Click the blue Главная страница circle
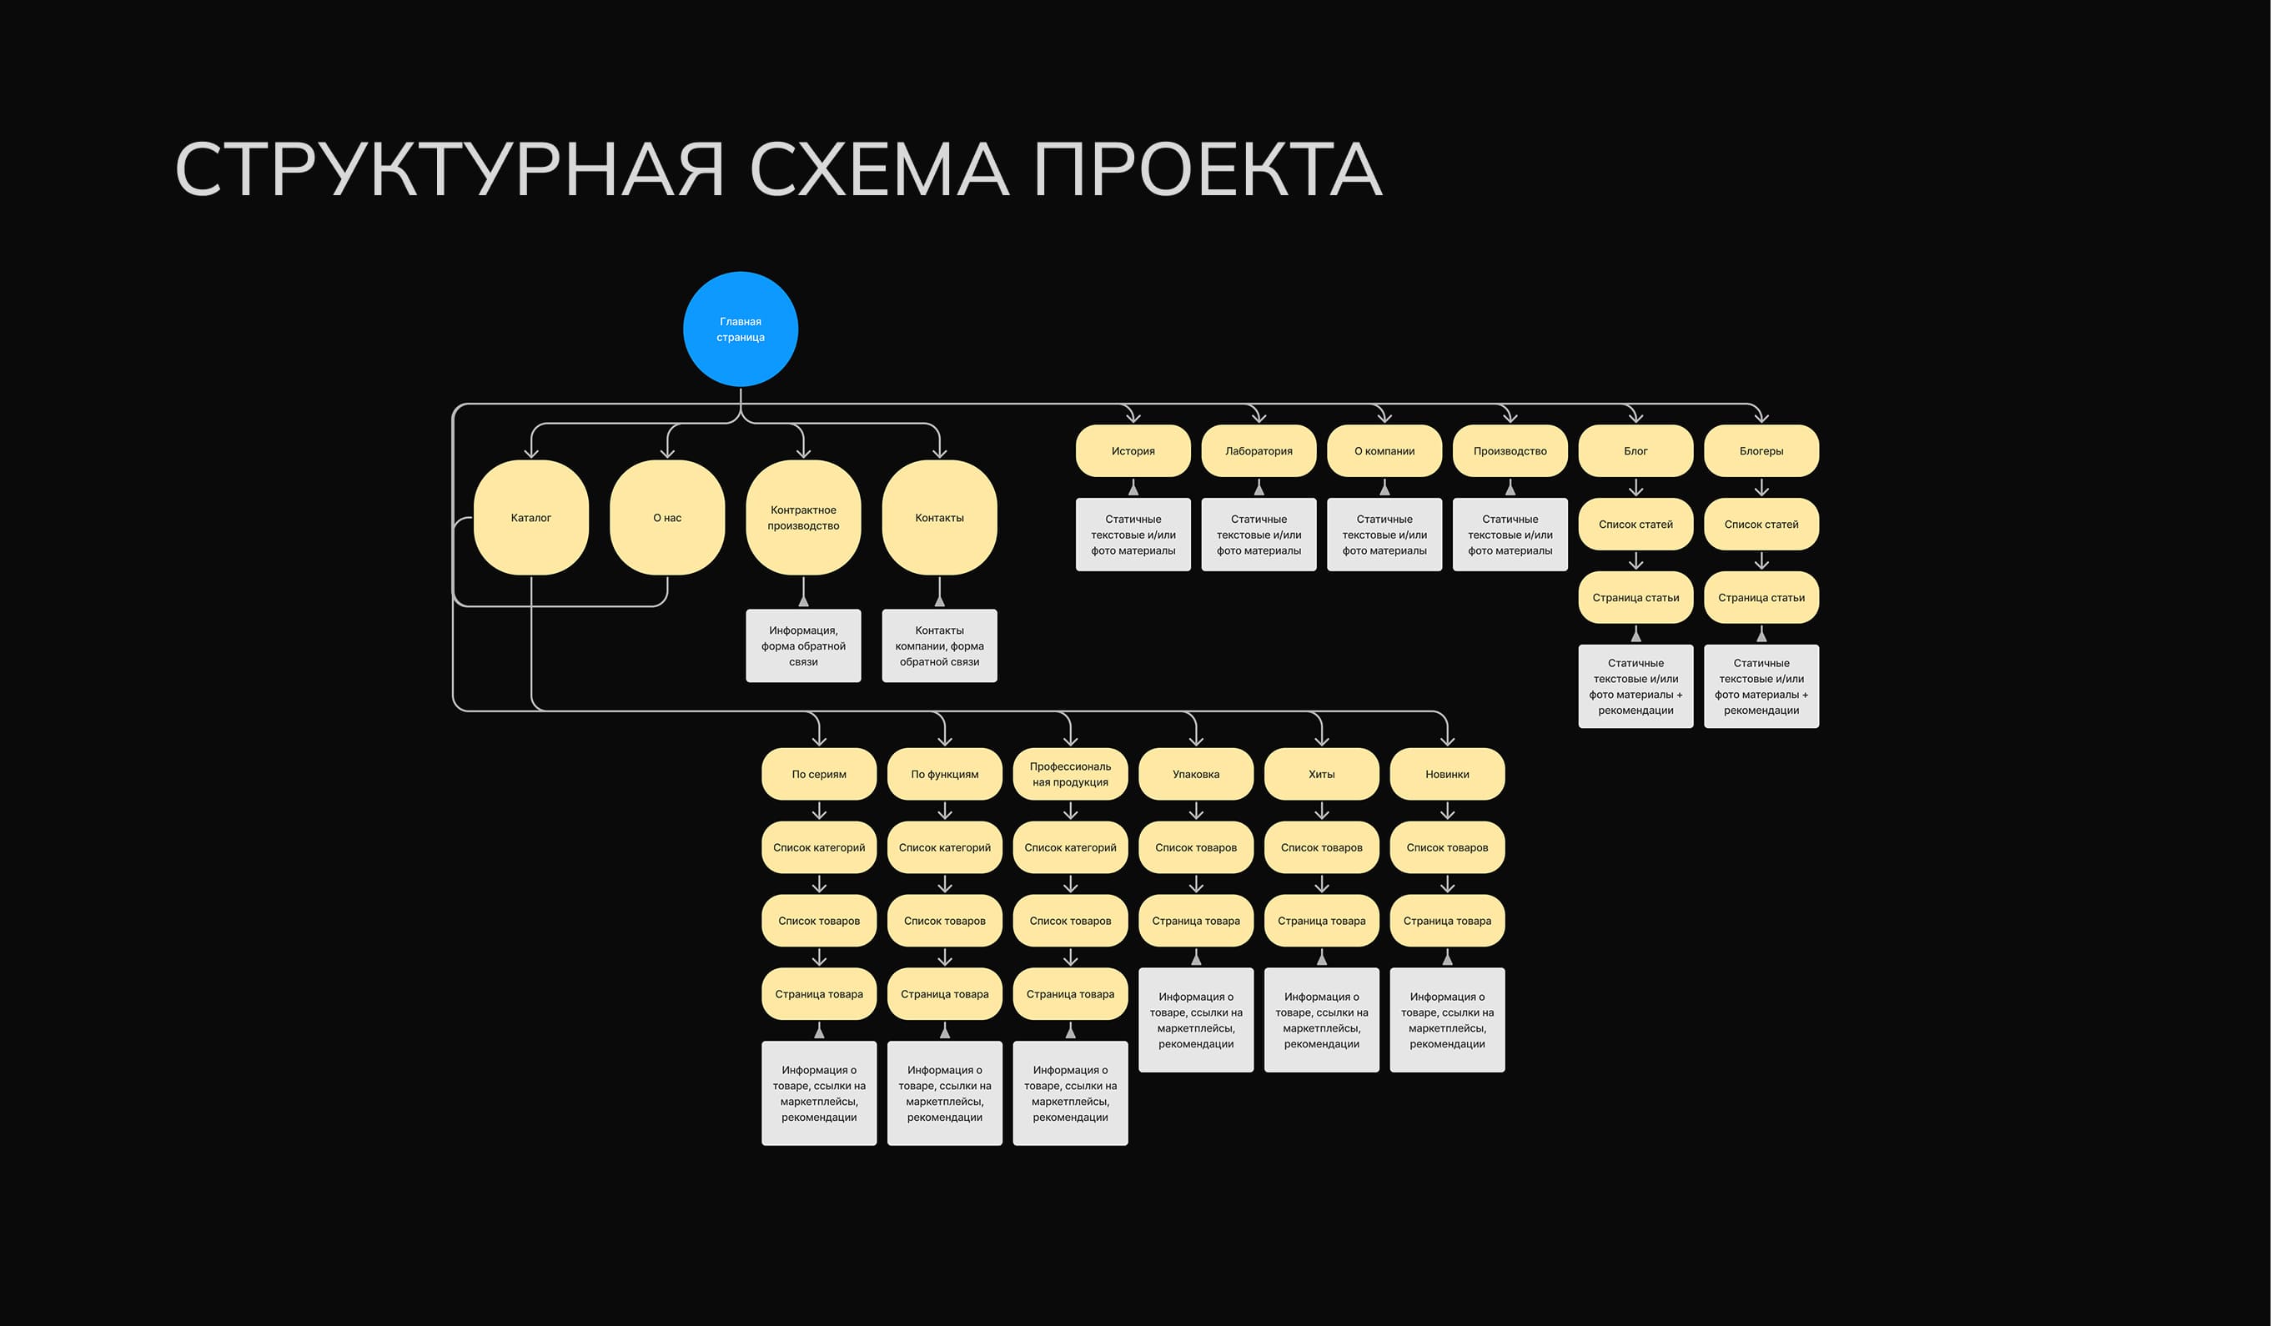coord(740,329)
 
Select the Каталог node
coord(530,517)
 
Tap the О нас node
coord(667,517)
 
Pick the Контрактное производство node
coord(803,517)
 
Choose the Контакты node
coord(939,517)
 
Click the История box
coord(1133,450)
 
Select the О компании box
coord(1384,450)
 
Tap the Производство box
coord(1510,450)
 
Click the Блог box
coord(1635,450)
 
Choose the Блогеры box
coord(1761,450)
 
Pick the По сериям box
coord(818,774)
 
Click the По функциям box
coord(944,774)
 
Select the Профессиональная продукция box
coord(1070,774)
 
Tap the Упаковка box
coord(1196,774)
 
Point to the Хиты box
coord(1321,774)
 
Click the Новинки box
coord(1447,774)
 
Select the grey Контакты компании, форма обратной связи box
coord(939,645)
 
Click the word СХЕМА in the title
coord(879,169)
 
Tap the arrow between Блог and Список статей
coord(1635,488)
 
